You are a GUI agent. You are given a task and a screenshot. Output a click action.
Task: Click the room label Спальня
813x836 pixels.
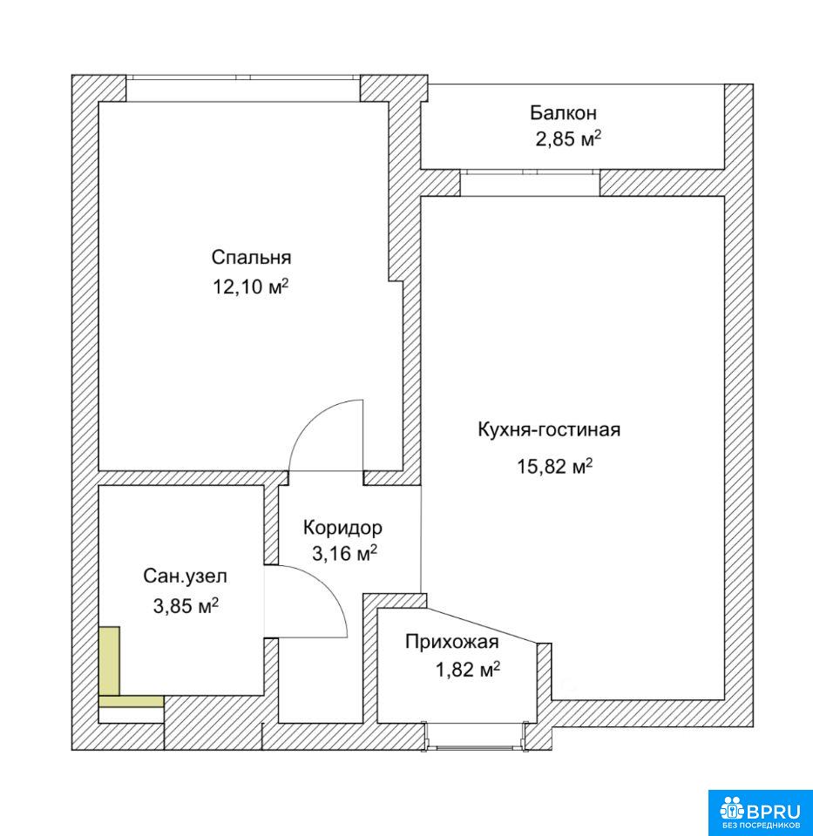click(x=251, y=259)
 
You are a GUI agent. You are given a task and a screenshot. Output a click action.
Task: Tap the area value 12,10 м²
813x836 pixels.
click(x=251, y=287)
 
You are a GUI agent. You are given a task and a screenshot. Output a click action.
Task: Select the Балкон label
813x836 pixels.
click(x=563, y=113)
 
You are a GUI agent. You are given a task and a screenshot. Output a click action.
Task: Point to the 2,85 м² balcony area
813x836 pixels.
click(x=568, y=139)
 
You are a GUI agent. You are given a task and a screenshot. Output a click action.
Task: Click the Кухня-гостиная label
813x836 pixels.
click(x=549, y=429)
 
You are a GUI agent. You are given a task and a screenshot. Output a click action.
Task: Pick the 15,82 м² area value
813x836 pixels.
click(x=554, y=467)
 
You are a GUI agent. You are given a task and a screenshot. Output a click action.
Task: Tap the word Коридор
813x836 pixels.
click(x=342, y=528)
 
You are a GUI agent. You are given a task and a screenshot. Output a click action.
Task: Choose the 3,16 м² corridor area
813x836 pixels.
click(x=344, y=554)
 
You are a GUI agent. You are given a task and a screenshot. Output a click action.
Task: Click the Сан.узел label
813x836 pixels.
click(x=185, y=576)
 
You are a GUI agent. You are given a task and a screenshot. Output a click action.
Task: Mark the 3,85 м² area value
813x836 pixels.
click(x=186, y=606)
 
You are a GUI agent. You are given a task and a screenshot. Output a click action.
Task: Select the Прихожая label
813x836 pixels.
click(x=452, y=642)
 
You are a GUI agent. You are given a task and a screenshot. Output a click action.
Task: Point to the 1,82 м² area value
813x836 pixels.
click(x=468, y=669)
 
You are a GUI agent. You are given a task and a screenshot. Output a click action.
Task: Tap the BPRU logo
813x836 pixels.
click(x=760, y=812)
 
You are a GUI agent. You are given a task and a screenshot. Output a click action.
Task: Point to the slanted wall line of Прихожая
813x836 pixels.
click(x=483, y=625)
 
